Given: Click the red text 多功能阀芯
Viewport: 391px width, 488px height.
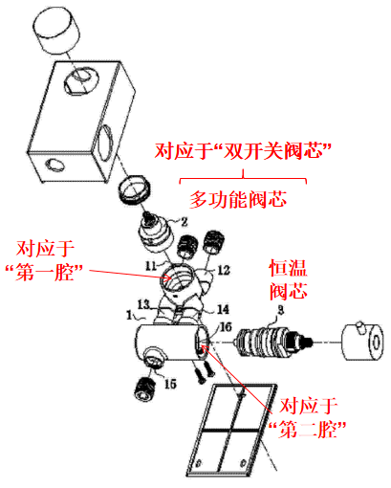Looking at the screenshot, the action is [238, 200].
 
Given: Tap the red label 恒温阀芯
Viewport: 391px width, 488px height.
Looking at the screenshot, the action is [289, 279].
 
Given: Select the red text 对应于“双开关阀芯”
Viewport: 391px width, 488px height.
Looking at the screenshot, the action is [243, 150].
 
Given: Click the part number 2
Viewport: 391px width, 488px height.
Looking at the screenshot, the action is [185, 221].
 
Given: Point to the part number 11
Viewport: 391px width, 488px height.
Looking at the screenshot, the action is [151, 265].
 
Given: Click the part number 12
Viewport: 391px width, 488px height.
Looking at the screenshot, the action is [224, 270].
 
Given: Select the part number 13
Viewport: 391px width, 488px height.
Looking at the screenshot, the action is [143, 304].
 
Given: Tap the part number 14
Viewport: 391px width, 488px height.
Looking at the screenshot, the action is [223, 309].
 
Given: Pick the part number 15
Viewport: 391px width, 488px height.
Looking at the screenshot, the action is [170, 384].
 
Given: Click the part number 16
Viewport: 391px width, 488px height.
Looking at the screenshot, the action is [226, 326].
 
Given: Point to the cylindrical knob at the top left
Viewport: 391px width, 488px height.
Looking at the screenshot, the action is [56, 30].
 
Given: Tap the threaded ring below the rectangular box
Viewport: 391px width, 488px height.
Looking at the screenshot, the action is [134, 189].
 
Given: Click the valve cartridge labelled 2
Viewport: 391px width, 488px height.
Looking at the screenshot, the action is [157, 233].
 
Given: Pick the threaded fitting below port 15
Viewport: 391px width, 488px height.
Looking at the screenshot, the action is [145, 388].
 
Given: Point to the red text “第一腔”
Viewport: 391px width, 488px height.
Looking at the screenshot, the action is [44, 273].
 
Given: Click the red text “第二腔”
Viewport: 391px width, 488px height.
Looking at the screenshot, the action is [308, 430].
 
